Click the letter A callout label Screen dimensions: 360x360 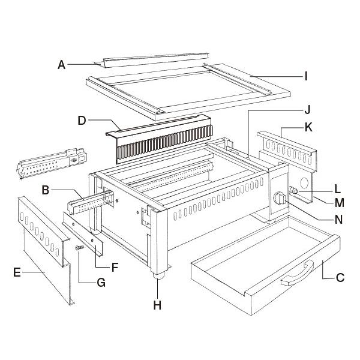(62, 65)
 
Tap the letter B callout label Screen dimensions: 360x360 (46, 190)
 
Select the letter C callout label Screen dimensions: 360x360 (340, 278)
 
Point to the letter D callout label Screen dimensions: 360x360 (82, 121)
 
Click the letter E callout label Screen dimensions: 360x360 (17, 272)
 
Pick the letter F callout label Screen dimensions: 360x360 (115, 267)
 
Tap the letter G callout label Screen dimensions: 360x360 (101, 283)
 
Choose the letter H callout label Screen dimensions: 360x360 (157, 305)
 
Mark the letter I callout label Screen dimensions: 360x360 (305, 76)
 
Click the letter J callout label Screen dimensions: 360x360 (307, 110)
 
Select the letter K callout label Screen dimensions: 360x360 (308, 127)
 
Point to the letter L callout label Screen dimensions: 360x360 (337, 189)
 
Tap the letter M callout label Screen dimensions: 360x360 (340, 203)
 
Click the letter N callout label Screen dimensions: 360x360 (339, 220)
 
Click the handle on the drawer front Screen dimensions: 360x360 (297, 273)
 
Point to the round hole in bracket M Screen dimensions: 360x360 (304, 183)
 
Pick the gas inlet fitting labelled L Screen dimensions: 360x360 (293, 190)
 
